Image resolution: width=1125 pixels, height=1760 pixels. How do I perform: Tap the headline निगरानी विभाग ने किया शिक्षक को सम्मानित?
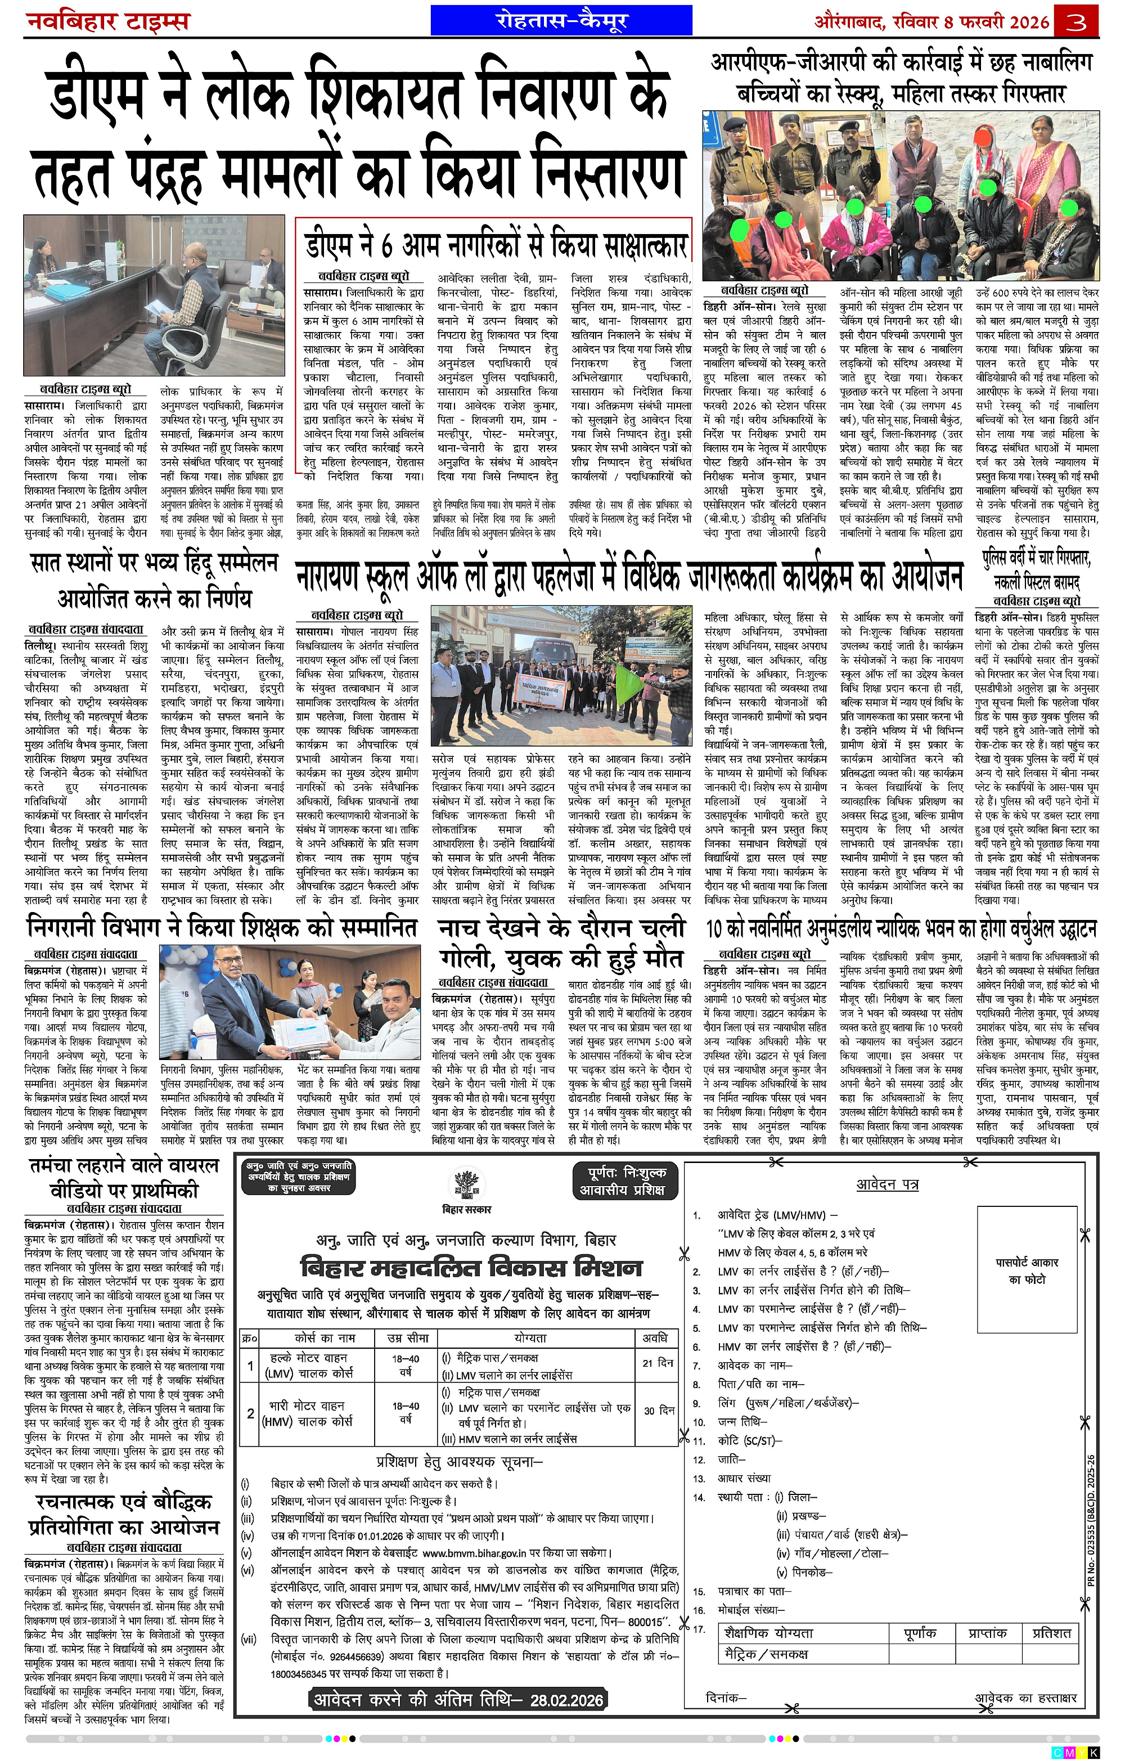coord(222,927)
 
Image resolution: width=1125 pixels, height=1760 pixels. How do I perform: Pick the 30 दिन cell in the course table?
coord(658,1410)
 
